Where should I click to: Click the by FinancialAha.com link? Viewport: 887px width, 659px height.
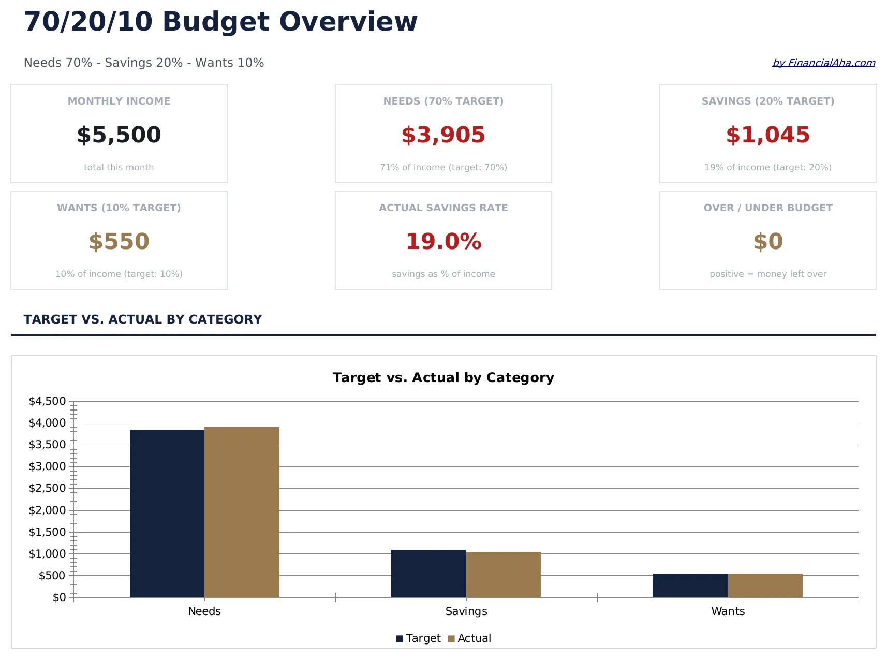[823, 63]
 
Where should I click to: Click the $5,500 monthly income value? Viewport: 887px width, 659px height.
[119, 135]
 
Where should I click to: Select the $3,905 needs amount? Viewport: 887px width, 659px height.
[443, 135]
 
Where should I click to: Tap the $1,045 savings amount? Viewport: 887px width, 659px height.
[767, 135]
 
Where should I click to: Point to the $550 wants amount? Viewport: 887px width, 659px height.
[119, 241]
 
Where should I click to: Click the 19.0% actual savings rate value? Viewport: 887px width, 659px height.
[443, 241]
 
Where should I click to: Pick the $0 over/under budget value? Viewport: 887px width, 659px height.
[767, 241]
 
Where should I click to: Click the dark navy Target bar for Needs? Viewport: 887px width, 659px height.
[167, 512]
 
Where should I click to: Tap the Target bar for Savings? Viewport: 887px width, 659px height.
[428, 573]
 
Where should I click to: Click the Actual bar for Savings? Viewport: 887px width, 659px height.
[503, 574]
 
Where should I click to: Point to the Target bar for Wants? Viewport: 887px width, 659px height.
[690, 585]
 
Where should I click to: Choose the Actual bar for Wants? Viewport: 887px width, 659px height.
[765, 585]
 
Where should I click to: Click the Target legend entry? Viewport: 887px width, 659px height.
[419, 638]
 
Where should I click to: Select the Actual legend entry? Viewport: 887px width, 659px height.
[470, 638]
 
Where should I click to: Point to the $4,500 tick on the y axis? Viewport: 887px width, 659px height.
[47, 401]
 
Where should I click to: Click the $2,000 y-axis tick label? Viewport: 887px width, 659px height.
[47, 510]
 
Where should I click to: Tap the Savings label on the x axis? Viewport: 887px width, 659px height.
[466, 611]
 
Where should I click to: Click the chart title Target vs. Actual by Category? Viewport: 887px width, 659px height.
[443, 377]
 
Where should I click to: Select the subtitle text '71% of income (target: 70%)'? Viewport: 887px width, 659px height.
[443, 167]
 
